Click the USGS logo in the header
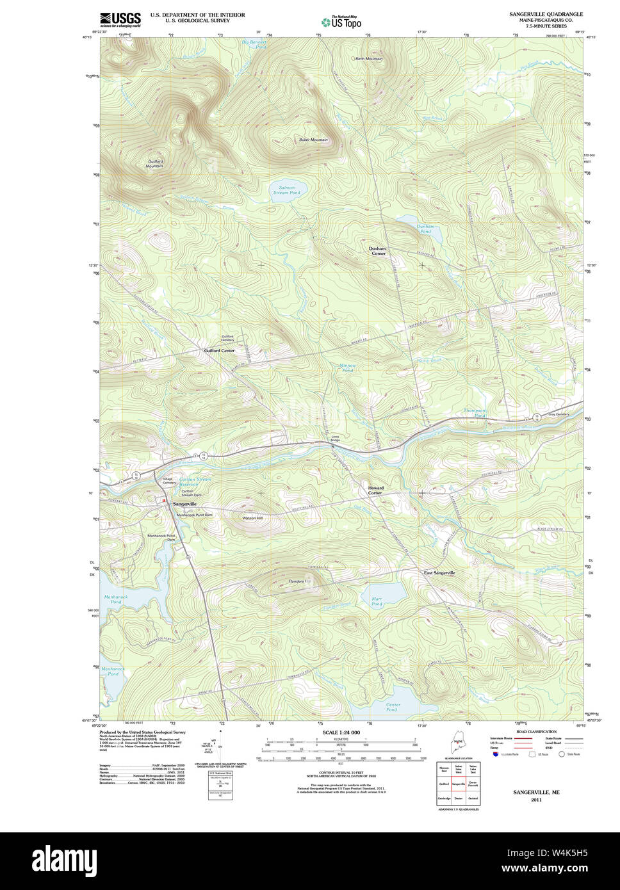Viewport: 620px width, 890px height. click(x=120, y=19)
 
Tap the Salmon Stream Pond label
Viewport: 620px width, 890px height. click(x=286, y=190)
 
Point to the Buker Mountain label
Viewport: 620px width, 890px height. click(x=313, y=140)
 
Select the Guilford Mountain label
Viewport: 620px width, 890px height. click(x=154, y=164)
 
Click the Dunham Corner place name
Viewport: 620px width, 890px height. click(x=377, y=251)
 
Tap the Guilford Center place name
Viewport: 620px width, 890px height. click(x=219, y=351)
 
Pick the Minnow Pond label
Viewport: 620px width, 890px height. click(x=347, y=368)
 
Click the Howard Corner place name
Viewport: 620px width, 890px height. click(x=375, y=490)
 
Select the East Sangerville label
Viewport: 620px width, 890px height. click(x=439, y=572)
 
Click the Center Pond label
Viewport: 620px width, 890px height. click(x=392, y=707)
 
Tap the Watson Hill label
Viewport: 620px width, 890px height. click(x=252, y=517)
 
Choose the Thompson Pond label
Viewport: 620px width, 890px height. click(x=475, y=412)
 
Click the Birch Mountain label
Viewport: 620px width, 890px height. click(x=369, y=59)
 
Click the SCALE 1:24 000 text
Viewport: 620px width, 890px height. click(x=341, y=732)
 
